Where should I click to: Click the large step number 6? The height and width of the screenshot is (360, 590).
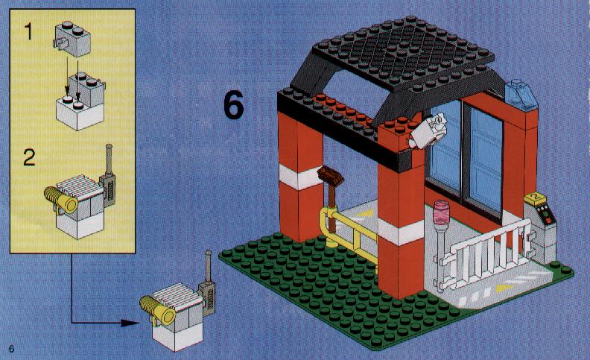click(234, 106)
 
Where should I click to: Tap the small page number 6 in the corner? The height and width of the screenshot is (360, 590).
click(11, 349)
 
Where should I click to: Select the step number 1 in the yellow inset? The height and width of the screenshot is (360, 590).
click(28, 31)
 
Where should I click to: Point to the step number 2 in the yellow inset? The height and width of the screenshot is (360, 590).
click(29, 157)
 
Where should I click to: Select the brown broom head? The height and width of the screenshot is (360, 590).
click(330, 176)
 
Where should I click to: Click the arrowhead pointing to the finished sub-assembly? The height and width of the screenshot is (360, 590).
click(130, 323)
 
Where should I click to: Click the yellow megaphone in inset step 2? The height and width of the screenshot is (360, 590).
click(61, 198)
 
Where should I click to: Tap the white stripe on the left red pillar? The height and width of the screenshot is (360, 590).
click(301, 177)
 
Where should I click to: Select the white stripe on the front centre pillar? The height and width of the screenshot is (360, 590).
click(401, 230)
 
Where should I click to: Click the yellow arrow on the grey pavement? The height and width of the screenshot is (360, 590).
click(505, 288)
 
